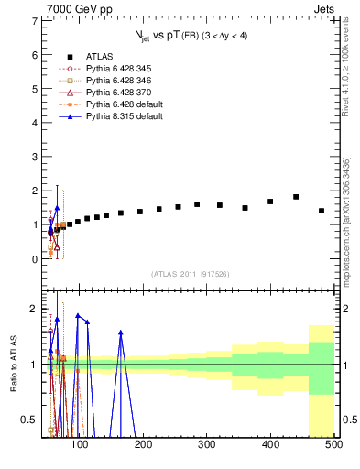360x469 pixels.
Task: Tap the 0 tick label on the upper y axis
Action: point(35,259)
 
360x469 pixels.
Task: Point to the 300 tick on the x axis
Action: point(207,445)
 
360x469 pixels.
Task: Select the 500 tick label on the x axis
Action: point(333,445)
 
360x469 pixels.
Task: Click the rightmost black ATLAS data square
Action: point(322,211)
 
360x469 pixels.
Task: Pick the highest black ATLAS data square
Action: point(296,197)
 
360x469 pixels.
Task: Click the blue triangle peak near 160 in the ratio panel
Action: point(121,333)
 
